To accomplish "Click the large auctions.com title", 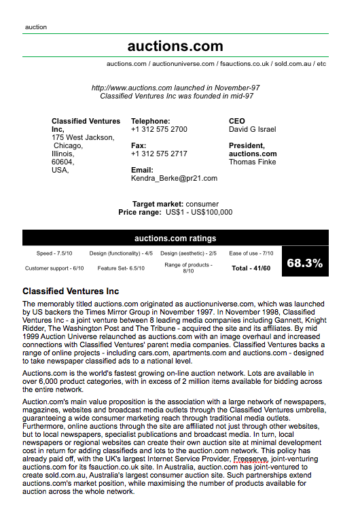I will point(175,46).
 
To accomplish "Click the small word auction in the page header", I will point(36,27).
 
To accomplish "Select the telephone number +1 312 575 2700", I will point(159,129).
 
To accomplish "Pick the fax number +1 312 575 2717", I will point(159,154).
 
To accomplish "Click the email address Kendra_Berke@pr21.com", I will point(174,178).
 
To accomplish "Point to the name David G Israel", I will point(253,129).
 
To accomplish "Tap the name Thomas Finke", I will point(253,162).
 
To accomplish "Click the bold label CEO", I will point(237,121).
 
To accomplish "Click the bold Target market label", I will point(158,204).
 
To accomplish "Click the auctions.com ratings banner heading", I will point(175,238).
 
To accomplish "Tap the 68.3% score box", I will point(304,263).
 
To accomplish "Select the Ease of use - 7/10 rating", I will point(251,253).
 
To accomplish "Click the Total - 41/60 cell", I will point(251,268).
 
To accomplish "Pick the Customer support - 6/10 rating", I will point(54,268).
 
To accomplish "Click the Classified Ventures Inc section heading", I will point(71,291).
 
